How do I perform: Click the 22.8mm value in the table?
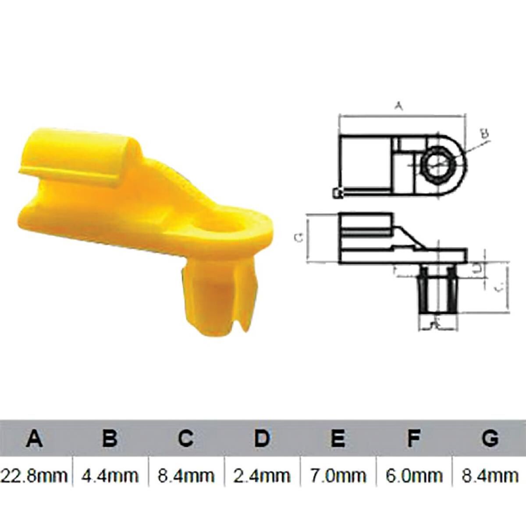click(x=35, y=475)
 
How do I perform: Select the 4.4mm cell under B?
click(x=110, y=475)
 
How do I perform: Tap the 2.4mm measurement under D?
click(x=262, y=475)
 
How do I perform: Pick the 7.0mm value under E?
click(x=338, y=475)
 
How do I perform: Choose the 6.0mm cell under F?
click(x=413, y=475)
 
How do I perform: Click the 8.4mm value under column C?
click(x=186, y=475)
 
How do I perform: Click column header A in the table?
click(x=35, y=438)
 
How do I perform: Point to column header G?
click(x=490, y=438)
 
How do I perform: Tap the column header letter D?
click(x=262, y=438)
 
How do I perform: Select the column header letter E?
click(x=338, y=438)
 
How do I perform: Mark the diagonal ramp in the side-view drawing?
click(x=410, y=237)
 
